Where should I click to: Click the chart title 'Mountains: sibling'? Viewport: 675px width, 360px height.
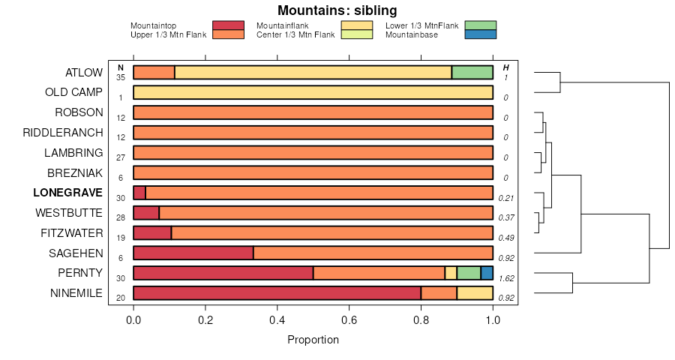coord(337,10)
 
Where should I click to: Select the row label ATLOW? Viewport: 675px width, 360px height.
coord(84,73)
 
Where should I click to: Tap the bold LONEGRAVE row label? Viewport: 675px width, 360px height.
coord(67,193)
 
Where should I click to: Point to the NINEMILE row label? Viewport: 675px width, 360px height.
coord(76,292)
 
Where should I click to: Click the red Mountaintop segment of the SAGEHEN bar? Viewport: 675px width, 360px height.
coord(193,253)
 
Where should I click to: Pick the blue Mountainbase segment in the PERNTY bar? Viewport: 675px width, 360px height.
coord(487,273)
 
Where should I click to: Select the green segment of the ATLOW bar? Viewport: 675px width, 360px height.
coord(472,73)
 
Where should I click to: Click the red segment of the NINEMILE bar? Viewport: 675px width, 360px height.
coord(277,292)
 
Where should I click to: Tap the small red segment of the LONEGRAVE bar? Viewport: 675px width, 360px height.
coord(139,193)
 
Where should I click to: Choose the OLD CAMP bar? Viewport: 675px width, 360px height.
coord(313,92)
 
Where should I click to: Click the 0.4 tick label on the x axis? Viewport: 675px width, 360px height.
coord(277,319)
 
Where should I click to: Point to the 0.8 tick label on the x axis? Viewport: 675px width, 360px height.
coord(421,319)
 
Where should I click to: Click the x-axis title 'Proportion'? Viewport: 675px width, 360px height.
coord(313,340)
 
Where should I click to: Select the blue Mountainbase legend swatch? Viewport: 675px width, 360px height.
coord(480,34)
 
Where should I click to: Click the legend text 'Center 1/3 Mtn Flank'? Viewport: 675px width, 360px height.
coord(295,34)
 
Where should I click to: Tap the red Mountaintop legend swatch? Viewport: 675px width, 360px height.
coord(228,25)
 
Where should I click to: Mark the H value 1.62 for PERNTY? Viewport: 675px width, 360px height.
coord(506,278)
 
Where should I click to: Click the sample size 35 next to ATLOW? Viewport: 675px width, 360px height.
coord(120,77)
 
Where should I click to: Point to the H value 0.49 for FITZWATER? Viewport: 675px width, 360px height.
coord(506,238)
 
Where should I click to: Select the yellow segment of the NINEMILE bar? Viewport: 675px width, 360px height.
coord(475,292)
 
